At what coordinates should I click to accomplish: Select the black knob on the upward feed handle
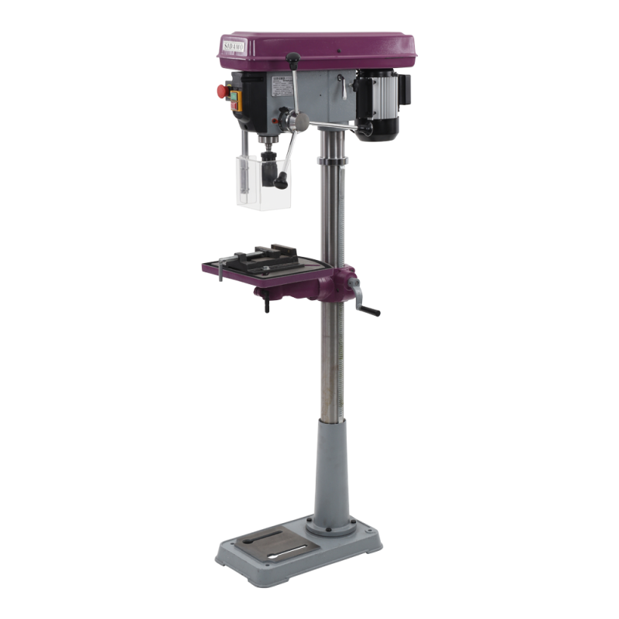pyautogui.click(x=294, y=58)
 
